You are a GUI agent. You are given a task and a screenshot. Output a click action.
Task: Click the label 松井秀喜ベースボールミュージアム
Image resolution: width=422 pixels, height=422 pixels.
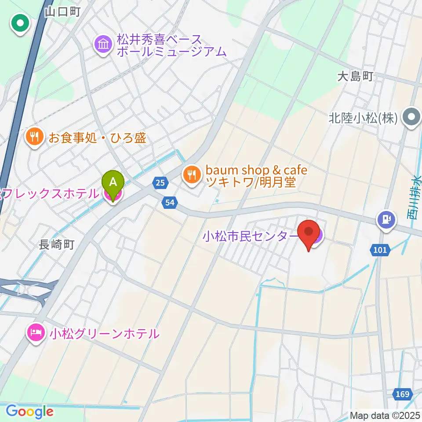[171, 45]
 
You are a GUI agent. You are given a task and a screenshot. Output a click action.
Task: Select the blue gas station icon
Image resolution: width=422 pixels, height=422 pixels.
[386, 219]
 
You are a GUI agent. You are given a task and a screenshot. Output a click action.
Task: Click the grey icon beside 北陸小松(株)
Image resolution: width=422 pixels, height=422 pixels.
[412, 118]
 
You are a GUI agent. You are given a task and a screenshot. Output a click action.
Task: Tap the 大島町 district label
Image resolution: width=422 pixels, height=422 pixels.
[355, 77]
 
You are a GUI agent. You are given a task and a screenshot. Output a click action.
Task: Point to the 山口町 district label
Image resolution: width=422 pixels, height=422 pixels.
[62, 12]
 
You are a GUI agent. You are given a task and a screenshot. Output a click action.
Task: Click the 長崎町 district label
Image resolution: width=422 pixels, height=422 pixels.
[57, 244]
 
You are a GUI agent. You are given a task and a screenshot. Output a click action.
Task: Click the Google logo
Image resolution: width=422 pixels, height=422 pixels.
[29, 411]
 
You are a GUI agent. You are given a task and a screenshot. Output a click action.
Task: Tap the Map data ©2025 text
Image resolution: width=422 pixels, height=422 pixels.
[385, 415]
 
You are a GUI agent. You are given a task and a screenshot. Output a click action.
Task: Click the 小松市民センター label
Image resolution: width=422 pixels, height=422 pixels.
[250, 236]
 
